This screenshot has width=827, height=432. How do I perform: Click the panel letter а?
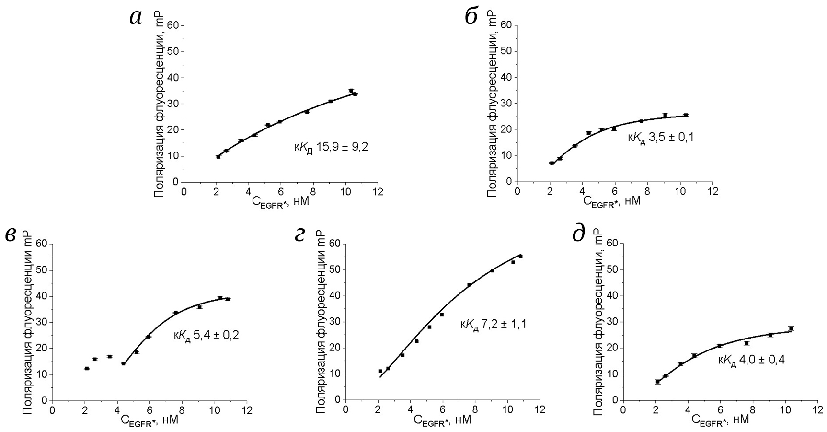point(136,18)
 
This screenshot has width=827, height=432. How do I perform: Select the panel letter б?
point(471,17)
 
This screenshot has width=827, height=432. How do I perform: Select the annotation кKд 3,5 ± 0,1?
point(661,138)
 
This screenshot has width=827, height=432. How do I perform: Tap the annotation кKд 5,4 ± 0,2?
point(206,335)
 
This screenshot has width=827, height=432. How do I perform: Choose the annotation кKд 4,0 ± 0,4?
point(751,360)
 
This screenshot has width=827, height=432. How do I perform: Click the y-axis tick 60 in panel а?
point(172,25)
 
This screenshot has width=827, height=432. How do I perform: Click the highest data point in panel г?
point(520,257)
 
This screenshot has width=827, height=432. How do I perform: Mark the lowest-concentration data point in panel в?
point(87,368)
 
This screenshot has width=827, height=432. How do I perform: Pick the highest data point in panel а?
point(351,90)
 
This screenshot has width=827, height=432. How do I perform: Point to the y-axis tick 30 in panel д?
point(612,322)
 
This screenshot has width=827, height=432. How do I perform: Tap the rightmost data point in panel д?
point(791,328)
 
